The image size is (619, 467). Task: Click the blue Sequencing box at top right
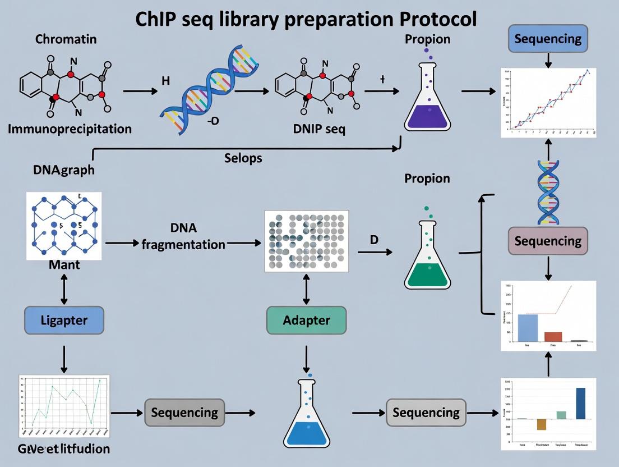tap(548, 39)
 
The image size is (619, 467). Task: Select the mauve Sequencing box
tap(548, 241)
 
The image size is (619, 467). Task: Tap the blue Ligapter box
tap(64, 321)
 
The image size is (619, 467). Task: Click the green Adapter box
tap(306, 321)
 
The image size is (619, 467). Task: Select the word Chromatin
tap(66, 39)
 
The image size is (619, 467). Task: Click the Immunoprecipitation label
tap(70, 129)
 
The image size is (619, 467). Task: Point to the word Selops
tap(243, 158)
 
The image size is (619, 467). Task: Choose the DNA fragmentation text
tap(183, 236)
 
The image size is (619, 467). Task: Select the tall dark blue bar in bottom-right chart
tap(580, 403)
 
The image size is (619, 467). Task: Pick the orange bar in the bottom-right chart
tap(541, 424)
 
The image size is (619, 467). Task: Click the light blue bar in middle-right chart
tap(527, 328)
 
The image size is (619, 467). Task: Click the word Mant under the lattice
tap(64, 264)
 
